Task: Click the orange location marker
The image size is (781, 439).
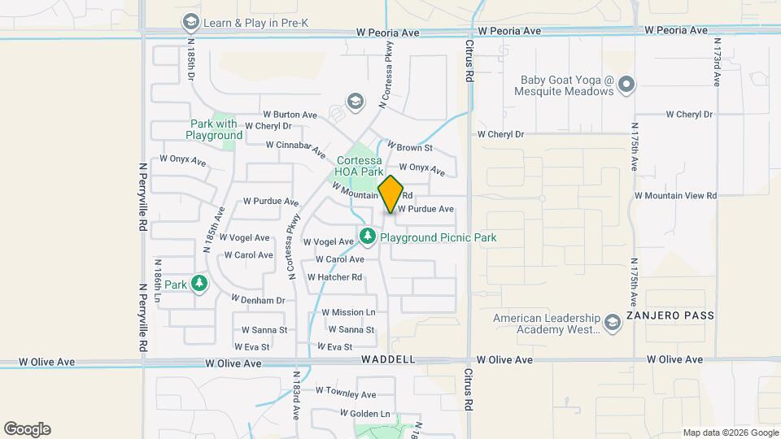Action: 391,194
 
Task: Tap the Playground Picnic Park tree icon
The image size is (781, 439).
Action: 368,237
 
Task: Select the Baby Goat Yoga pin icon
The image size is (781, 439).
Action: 626,85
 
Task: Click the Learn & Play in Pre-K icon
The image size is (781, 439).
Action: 191,22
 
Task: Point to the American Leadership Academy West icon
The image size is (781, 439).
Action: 611,324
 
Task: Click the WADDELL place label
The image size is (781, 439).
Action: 389,359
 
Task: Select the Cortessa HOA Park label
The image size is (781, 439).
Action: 360,167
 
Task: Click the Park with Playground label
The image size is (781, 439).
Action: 214,130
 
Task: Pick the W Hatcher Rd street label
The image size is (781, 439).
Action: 334,277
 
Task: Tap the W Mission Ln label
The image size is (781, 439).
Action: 348,312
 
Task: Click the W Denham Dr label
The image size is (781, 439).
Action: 258,300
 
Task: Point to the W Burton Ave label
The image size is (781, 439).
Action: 290,115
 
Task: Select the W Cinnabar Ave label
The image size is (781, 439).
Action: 301,146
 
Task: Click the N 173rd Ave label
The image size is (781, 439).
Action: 718,63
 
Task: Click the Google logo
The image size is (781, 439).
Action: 27,429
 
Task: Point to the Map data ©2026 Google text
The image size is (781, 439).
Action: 729,432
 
